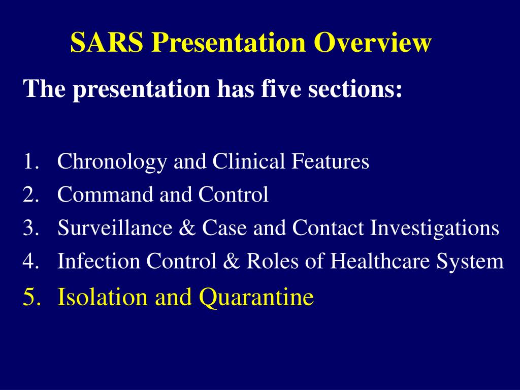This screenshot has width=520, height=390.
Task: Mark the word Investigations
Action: tap(434, 228)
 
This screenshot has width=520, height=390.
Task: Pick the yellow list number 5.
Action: tap(31, 297)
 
